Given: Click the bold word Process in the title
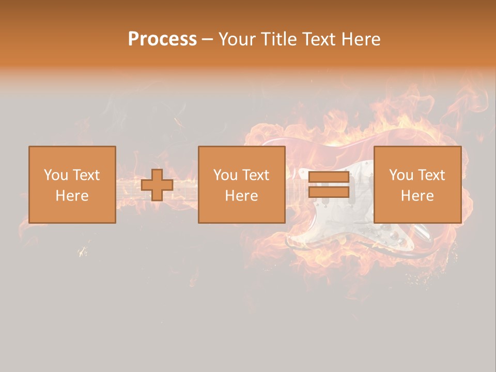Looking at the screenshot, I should click(162, 39).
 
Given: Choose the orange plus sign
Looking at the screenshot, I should click(157, 185).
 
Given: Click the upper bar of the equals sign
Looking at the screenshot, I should click(329, 177).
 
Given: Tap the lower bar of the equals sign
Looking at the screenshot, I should click(329, 192).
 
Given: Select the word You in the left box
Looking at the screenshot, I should click(55, 175).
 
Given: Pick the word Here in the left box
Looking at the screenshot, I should click(72, 196).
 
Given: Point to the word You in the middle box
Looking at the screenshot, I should click(225, 175).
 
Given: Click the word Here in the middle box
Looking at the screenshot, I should click(241, 196).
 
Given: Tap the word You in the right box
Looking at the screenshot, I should click(400, 175).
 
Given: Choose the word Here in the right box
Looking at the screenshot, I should click(417, 196).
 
